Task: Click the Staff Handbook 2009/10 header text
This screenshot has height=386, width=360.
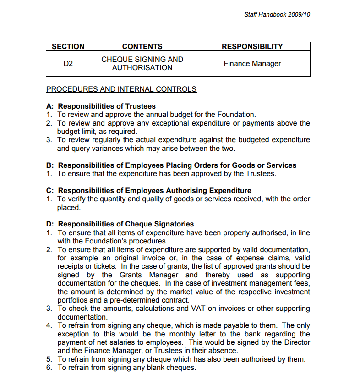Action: coord(277,15)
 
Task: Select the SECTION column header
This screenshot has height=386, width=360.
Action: coord(68,46)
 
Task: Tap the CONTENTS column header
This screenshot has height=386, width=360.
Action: coord(142,46)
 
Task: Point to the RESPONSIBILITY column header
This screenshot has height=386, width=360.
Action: coord(252,46)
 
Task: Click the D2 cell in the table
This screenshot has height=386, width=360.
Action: coord(68,64)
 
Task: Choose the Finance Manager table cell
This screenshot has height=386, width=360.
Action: coord(252,64)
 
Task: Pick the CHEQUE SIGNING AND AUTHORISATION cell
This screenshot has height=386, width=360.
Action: coord(142,64)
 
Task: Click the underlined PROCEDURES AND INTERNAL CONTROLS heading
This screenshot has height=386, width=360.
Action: coord(121,89)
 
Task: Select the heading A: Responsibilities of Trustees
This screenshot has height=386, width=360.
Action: coord(101,106)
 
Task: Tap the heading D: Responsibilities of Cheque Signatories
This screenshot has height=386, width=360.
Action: coord(120,224)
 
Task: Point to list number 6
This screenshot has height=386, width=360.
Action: coord(49,368)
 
